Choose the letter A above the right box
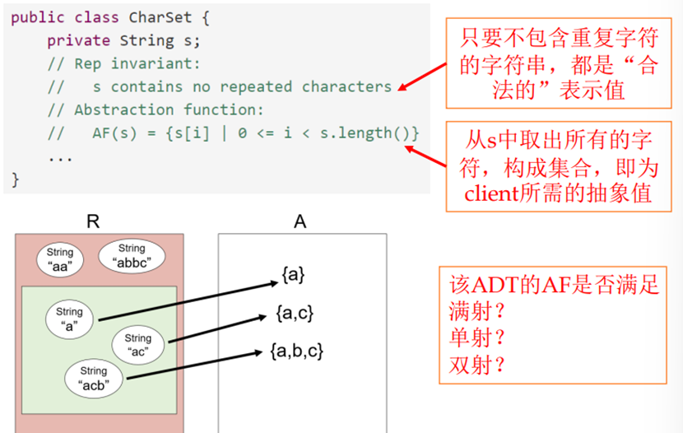[300, 221]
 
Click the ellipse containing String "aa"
[60, 260]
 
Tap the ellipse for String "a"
[70, 319]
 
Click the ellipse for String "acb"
[94, 378]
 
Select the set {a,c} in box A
[296, 314]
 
